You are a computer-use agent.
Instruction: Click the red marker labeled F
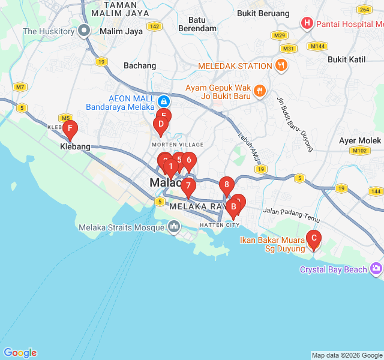(x=70, y=128)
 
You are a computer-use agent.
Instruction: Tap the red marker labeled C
(x=313, y=238)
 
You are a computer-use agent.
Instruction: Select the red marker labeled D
(x=160, y=125)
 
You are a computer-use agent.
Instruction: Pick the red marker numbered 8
(x=226, y=185)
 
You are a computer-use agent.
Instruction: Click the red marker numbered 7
(x=188, y=186)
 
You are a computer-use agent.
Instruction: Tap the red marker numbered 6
(x=188, y=160)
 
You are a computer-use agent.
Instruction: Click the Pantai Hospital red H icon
(x=307, y=24)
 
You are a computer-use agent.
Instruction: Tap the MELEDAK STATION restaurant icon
(x=281, y=65)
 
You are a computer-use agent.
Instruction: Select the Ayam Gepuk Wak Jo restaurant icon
(x=259, y=91)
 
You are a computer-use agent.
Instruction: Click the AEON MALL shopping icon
(x=163, y=101)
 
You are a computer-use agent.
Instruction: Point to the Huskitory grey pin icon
(x=85, y=31)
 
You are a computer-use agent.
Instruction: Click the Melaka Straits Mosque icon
(x=174, y=227)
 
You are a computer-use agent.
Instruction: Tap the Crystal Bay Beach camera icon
(x=376, y=269)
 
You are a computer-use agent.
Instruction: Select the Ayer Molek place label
(x=360, y=140)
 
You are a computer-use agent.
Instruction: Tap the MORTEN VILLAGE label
(x=178, y=145)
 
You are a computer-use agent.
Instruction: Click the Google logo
(x=20, y=353)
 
